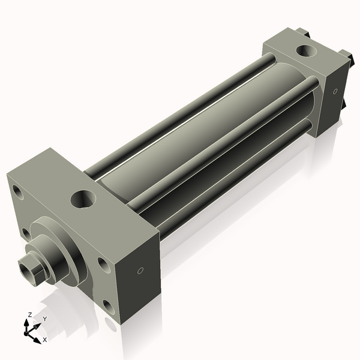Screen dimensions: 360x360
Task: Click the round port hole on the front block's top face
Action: tap(83, 199)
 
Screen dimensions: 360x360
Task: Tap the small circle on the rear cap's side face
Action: tap(335, 92)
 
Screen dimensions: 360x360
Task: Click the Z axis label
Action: tap(30, 315)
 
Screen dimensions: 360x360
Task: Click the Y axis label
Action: tap(44, 319)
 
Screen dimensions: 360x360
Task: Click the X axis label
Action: tap(45, 340)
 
